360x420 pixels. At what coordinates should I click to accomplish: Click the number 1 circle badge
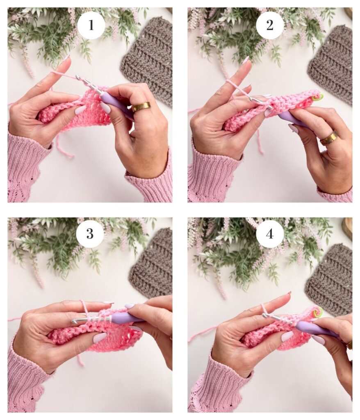coord(91,25)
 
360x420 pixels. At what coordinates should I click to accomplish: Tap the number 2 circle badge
coord(270,25)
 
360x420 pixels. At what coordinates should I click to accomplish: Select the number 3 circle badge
coord(90,234)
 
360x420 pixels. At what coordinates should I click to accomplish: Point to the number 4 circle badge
coord(270,234)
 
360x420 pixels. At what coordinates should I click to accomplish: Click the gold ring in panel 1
coord(141,106)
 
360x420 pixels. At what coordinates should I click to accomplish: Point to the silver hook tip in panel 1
coord(77,78)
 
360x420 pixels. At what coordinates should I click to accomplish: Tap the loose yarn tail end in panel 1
coord(72,155)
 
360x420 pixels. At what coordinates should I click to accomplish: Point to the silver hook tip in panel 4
coord(264,315)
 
